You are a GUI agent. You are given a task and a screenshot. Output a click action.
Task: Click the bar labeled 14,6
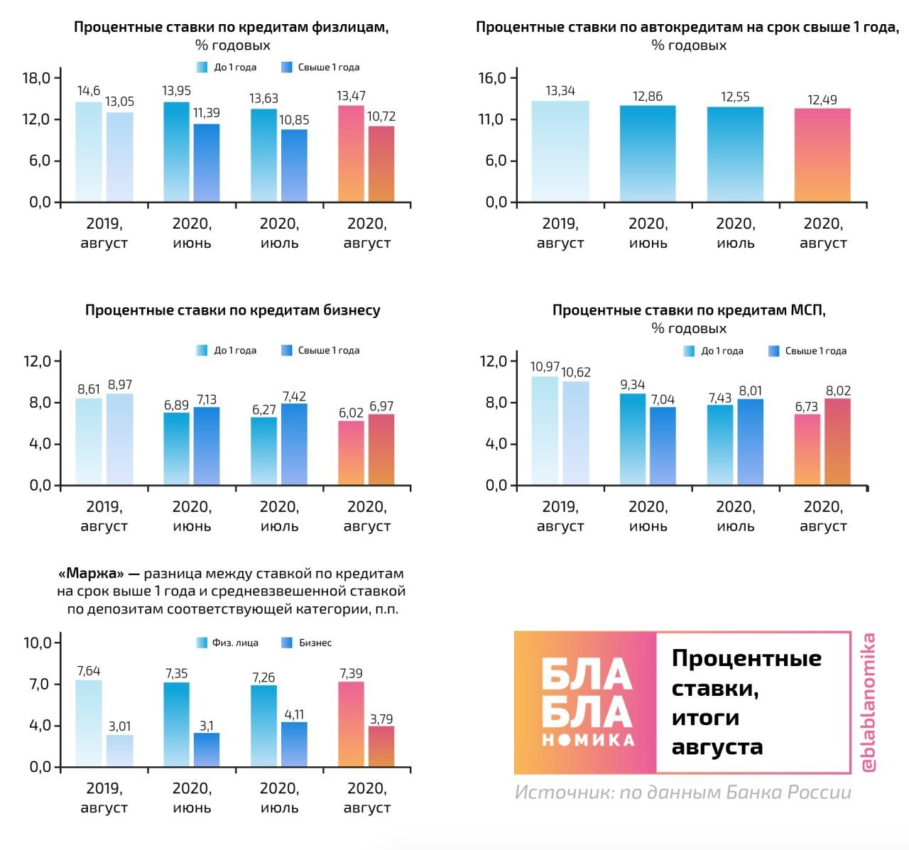89,152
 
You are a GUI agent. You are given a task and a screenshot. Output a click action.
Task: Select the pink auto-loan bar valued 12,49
822,156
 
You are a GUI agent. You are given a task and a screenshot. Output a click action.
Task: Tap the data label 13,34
560,91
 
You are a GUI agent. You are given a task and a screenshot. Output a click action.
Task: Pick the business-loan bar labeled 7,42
294,445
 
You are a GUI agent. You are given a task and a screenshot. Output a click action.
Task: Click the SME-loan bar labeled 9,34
633,440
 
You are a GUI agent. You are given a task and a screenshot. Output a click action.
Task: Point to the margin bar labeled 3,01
119,751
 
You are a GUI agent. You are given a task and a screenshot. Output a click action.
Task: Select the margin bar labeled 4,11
294,744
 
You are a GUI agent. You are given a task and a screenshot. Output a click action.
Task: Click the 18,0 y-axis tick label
37,78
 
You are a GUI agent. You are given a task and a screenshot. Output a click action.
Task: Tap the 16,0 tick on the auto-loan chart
492,78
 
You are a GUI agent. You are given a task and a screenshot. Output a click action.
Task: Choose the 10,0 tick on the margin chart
37,643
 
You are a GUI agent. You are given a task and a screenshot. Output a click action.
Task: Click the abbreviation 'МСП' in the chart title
807,310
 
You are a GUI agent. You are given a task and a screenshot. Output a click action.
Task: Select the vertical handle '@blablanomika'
868,702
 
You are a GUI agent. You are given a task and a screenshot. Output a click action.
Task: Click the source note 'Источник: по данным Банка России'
682,792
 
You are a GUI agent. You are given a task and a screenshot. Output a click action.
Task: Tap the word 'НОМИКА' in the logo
587,740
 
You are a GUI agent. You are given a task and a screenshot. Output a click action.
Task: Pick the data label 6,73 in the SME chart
807,407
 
